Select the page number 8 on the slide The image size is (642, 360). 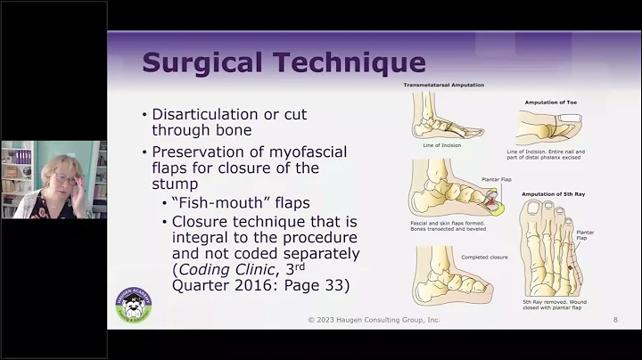pos(614,319)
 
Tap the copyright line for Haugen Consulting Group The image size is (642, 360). pos(374,319)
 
